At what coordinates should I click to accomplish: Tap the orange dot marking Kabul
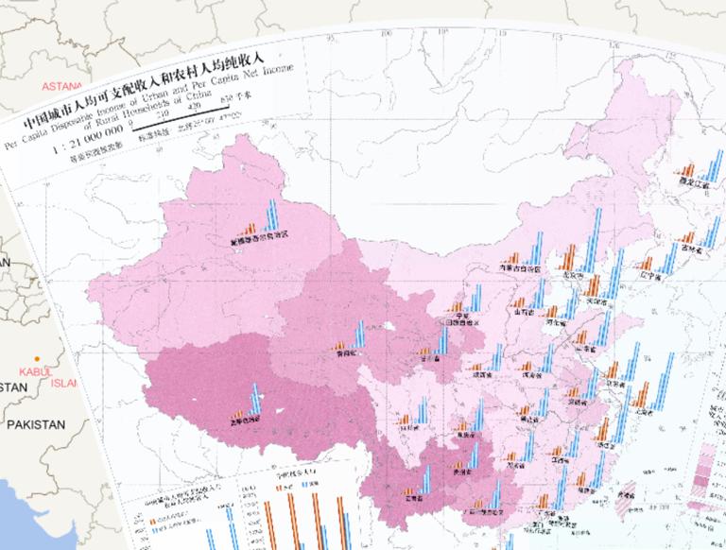click(36, 358)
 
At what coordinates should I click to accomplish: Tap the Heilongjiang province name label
click(693, 182)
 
